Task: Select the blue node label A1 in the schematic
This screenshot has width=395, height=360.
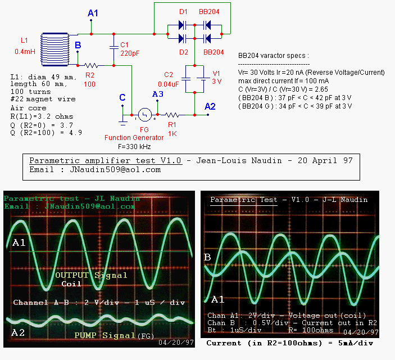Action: point(93,13)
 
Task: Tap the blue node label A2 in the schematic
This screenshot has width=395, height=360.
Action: point(210,106)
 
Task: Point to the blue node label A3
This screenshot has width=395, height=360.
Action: point(158,94)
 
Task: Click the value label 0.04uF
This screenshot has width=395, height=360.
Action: point(169,83)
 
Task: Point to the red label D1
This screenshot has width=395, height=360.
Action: point(183,12)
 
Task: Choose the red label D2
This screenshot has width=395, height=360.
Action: point(183,52)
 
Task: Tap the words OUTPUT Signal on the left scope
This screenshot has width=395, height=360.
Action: point(92,275)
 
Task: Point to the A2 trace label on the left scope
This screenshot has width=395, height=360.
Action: point(19,332)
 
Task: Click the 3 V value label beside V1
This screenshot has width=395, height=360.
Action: point(217,81)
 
